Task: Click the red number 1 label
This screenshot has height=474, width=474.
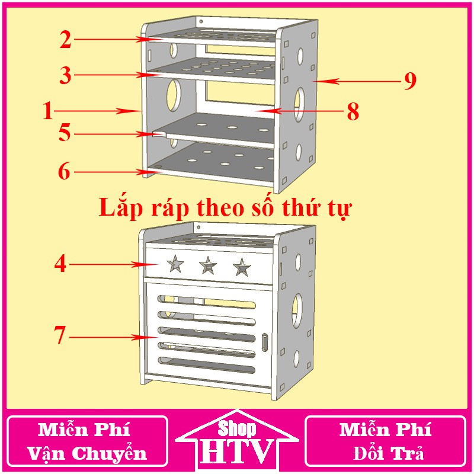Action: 49,111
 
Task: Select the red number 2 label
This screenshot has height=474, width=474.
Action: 66,40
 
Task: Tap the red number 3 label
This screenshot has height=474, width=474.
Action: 66,75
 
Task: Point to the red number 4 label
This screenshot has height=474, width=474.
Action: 61,264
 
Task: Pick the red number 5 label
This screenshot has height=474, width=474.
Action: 65,133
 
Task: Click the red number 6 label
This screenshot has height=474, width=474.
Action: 65,172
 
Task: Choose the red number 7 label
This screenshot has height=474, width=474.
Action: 60,335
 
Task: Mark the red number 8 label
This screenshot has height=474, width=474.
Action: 353,112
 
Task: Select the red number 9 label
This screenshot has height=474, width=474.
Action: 410,81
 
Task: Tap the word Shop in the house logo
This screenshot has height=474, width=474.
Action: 237,428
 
